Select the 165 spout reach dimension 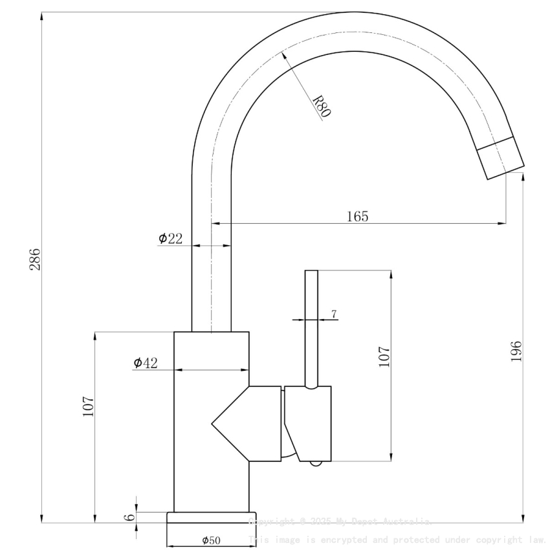click(357, 217)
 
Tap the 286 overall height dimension click(35, 259)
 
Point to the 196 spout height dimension click(516, 351)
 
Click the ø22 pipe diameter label click(170, 239)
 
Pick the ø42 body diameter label click(146, 363)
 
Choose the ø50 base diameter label click(211, 540)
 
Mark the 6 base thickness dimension click(129, 517)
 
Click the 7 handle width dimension click(334, 314)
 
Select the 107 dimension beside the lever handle click(384, 357)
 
